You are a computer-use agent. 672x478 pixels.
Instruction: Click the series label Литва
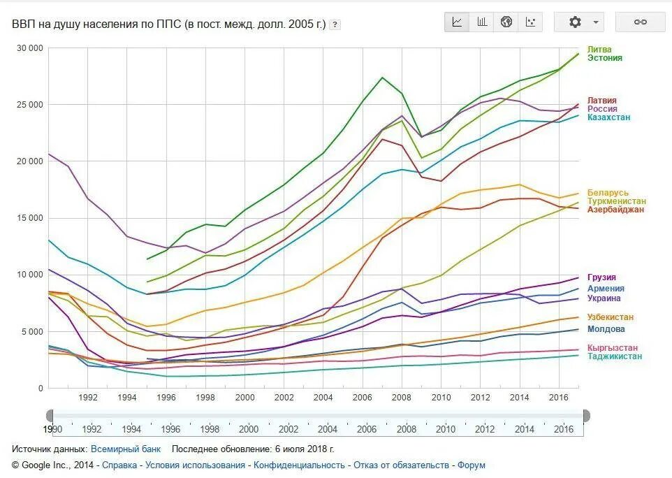coord(599,50)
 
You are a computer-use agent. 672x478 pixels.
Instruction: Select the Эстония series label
coord(604,58)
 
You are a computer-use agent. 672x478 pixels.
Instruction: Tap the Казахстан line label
coord(608,117)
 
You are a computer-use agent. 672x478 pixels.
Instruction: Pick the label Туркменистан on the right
coord(616,201)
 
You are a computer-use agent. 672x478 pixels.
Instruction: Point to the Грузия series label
coord(601,277)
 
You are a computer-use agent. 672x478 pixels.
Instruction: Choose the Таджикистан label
coord(614,356)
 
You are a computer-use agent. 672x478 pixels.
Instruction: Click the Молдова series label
coord(606,329)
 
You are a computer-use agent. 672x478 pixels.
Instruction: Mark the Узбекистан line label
coord(611,317)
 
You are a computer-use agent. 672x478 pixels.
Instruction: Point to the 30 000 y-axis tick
coord(29,48)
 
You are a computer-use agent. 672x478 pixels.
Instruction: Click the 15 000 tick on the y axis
coord(29,218)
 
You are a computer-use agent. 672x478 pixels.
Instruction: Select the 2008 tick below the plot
coord(402,398)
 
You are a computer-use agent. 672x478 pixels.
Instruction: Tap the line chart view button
coord(458,22)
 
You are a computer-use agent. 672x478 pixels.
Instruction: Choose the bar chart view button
coord(482,22)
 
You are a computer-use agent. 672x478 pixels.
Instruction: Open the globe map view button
coord(506,22)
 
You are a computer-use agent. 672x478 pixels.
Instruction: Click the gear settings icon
coord(575,22)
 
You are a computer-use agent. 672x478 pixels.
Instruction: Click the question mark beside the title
coord(335,24)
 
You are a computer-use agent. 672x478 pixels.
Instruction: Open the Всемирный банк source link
coord(126,449)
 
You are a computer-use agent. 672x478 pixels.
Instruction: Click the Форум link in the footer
coord(471,465)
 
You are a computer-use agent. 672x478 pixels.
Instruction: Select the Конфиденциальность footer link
coord(299,465)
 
